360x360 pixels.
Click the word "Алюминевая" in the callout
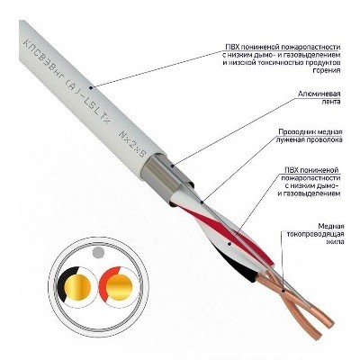(x=319, y=94)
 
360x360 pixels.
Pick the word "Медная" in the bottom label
(x=331, y=226)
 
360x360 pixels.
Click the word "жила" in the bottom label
(x=336, y=242)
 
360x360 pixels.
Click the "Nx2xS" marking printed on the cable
(x=131, y=143)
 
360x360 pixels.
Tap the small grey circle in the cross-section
(x=98, y=252)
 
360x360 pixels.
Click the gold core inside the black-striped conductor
(x=77, y=287)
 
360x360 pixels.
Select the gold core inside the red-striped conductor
(x=119, y=287)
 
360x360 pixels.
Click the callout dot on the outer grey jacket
(x=92, y=87)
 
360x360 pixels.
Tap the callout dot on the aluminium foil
(x=173, y=165)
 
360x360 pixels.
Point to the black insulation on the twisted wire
(x=238, y=264)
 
